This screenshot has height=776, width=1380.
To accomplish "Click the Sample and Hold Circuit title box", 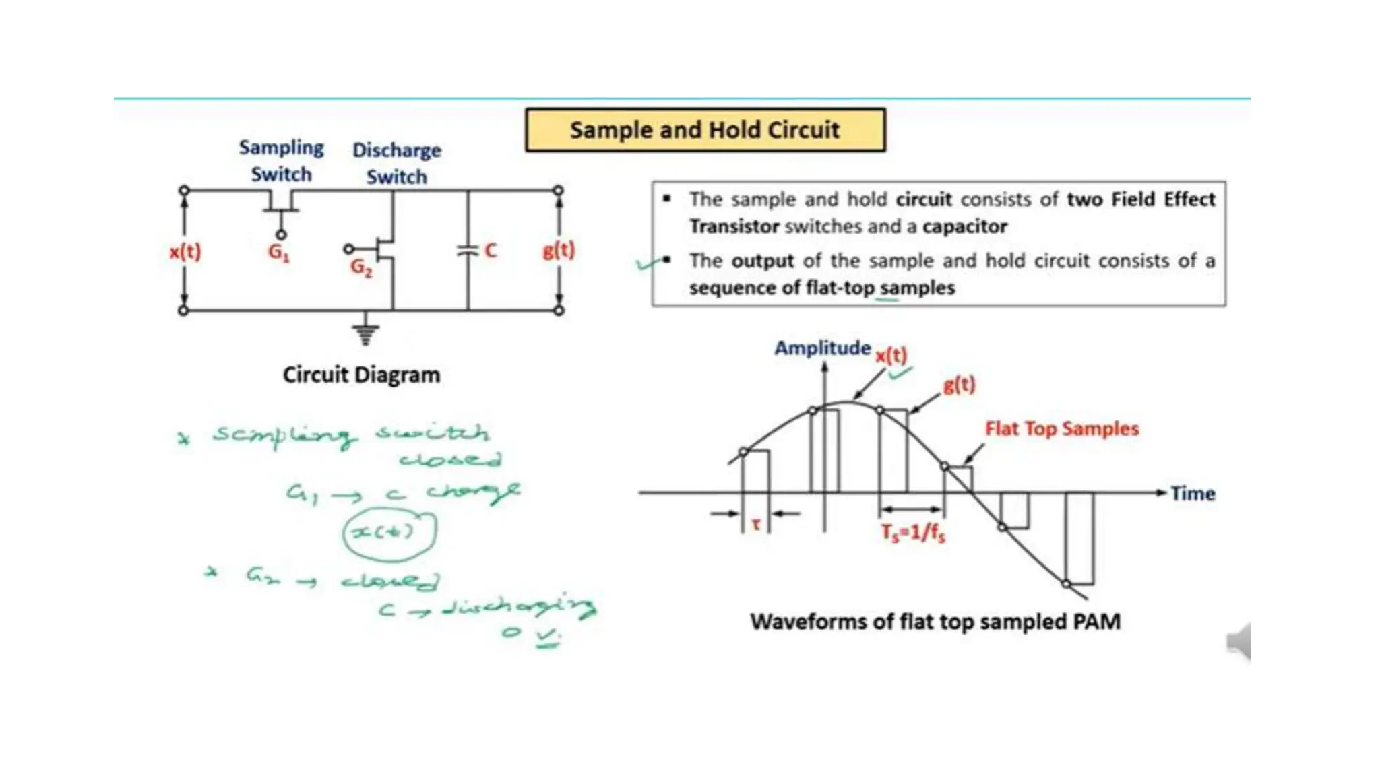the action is (x=705, y=130).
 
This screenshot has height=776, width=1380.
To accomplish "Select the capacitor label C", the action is (x=491, y=251).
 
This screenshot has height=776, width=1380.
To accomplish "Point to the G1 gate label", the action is (x=278, y=252).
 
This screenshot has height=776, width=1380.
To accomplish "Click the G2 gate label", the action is (x=361, y=267).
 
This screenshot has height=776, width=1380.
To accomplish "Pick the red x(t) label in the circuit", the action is (x=185, y=251).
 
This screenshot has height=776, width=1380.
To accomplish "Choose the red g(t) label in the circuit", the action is (x=559, y=250).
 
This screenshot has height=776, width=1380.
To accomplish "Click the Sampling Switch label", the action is (x=282, y=160).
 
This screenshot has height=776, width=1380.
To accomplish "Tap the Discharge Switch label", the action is (x=397, y=163).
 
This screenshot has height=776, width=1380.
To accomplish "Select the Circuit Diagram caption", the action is (x=361, y=375).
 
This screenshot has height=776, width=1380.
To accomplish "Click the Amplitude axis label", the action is (x=822, y=348).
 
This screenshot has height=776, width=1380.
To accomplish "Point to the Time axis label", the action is (x=1193, y=494).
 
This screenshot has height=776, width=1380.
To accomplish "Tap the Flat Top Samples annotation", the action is (x=1062, y=428).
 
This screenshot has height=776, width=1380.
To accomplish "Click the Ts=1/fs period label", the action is (x=913, y=533).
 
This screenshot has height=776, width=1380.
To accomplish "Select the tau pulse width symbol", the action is (x=756, y=524).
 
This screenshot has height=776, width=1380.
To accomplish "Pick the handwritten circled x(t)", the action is (x=389, y=533).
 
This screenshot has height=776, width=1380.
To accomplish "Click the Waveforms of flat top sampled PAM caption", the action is (x=935, y=621).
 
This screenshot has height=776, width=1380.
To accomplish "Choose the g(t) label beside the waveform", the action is (x=959, y=385).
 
